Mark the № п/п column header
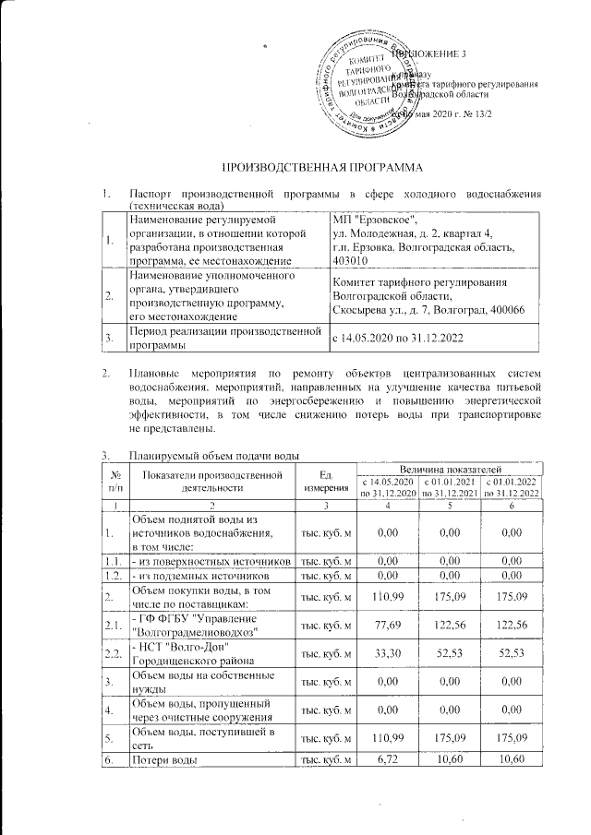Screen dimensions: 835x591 pos(115,481)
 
